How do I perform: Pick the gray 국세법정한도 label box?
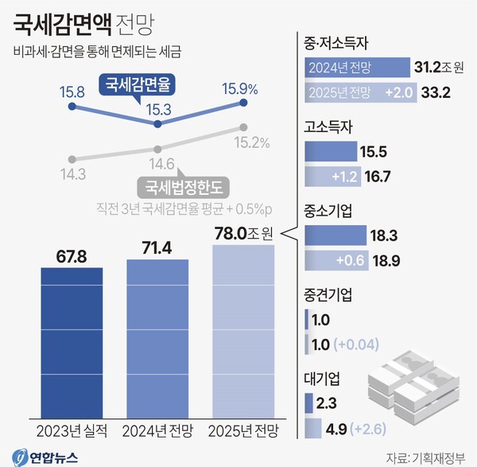tap(184, 188)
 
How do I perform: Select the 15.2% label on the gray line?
tap(251, 143)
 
